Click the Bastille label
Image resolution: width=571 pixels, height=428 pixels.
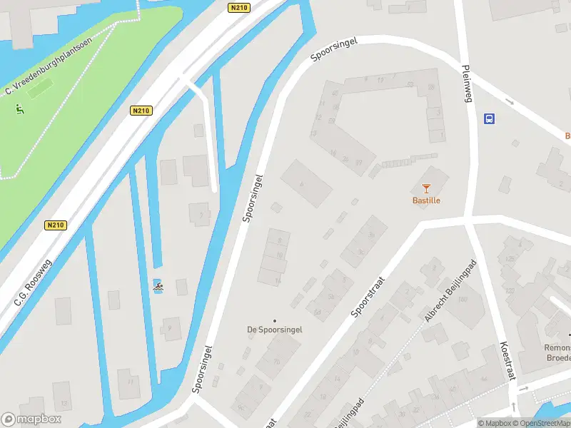coord(426,200)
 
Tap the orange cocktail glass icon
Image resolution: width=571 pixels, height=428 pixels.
coord(426,188)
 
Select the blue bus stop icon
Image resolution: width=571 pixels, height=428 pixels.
coord(490,118)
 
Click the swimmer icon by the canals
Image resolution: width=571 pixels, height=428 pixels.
coord(157,287)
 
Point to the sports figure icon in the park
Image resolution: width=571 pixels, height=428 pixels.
coord(20,109)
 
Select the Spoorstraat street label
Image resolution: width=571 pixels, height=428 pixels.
coord(368,297)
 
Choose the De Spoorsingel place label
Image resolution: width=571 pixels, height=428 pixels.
coord(275,330)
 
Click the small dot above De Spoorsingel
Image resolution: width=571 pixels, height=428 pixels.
coord(275,320)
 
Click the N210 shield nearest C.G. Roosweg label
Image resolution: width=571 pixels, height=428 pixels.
coord(55,225)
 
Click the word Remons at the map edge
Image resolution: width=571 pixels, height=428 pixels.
coord(557,348)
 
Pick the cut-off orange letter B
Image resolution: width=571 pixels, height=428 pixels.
coord(567,136)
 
